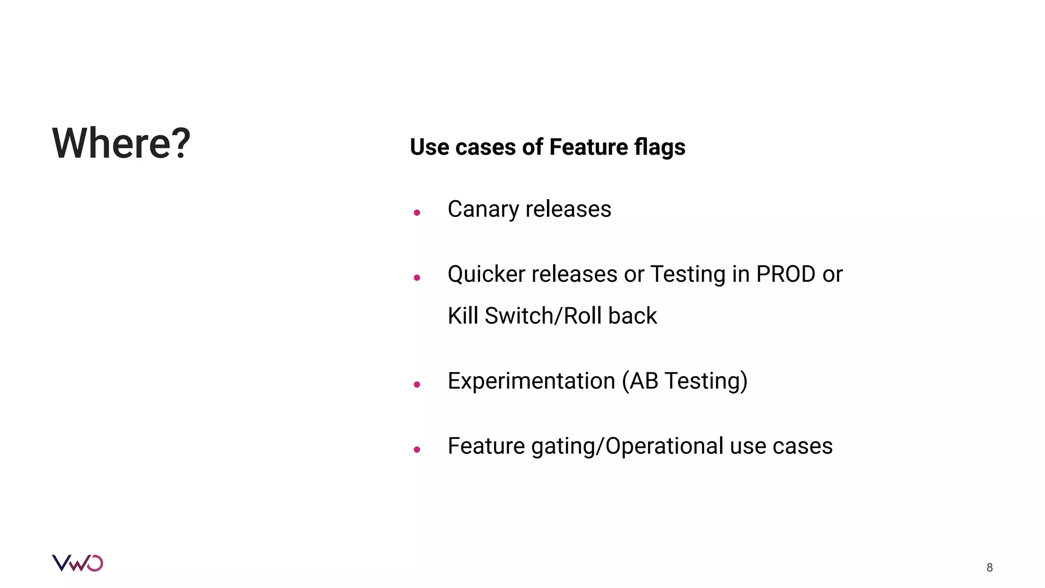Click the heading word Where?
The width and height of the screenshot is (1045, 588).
(121, 143)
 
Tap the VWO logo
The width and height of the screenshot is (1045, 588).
(78, 563)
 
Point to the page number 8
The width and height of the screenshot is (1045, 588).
(989, 568)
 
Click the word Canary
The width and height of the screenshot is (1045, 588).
(483, 210)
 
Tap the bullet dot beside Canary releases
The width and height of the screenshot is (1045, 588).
(417, 212)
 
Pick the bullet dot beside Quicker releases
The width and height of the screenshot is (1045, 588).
(417, 278)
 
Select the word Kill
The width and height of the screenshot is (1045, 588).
(463, 316)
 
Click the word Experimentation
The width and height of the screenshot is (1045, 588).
(531, 381)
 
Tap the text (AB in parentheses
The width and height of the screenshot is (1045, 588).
(640, 381)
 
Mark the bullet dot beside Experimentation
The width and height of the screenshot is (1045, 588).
(417, 384)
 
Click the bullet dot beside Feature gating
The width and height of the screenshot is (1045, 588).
(417, 450)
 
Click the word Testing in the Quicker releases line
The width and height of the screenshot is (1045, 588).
(688, 275)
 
